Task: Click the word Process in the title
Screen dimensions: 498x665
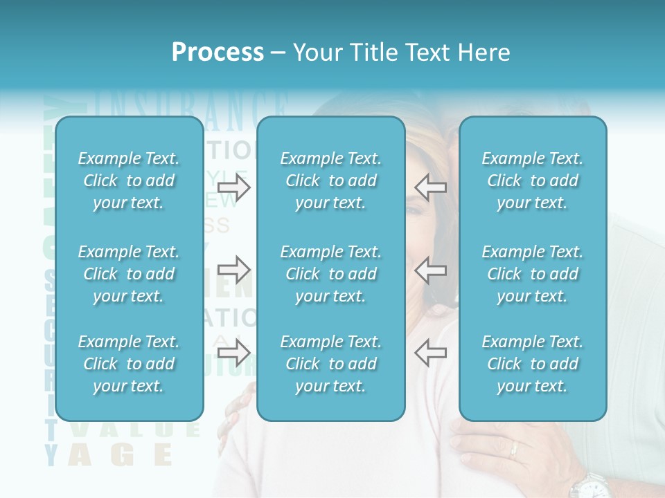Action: coord(218,53)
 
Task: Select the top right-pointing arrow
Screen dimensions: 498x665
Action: coord(234,187)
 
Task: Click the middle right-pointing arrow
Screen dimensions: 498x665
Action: coord(234,270)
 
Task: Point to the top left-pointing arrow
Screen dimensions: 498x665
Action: coord(430,187)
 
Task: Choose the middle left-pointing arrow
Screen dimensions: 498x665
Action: coord(430,270)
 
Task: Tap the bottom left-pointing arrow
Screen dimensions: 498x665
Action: coord(430,353)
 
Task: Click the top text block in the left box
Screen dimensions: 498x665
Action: coord(129,181)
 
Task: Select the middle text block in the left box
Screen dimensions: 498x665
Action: coord(129,274)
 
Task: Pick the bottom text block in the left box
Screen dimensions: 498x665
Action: coord(129,364)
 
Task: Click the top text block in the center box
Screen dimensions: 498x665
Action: coord(331,181)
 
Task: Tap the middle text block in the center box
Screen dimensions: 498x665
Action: coord(331,274)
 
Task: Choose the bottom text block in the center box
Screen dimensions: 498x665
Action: coord(331,364)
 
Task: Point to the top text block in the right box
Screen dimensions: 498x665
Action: coord(533,181)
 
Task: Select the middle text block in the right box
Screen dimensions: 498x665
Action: coord(533,274)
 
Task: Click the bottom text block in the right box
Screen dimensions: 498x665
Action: coord(533,364)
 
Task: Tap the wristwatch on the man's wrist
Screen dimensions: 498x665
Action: coord(589,485)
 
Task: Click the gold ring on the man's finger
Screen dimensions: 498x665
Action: coord(513,450)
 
